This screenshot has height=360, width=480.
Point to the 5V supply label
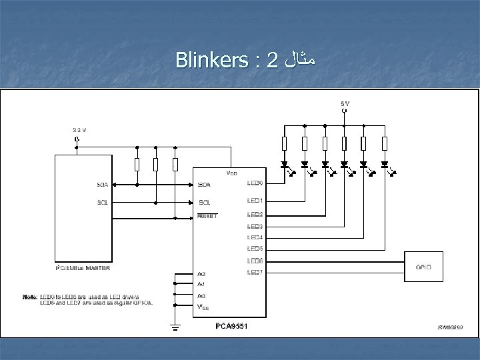tap(343, 103)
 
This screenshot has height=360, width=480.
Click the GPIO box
tap(423, 266)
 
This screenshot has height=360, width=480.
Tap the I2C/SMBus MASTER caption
tap(83, 268)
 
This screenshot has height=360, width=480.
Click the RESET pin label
tap(209, 215)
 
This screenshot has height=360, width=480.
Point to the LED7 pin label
tap(255, 272)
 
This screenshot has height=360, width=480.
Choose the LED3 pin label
tap(255, 227)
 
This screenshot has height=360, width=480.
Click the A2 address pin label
tap(201, 273)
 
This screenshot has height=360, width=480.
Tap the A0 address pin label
tap(201, 295)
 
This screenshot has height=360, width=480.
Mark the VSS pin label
tap(203, 307)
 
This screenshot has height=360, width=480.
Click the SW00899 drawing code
tap(451, 327)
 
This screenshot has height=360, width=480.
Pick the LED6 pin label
tap(255, 260)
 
